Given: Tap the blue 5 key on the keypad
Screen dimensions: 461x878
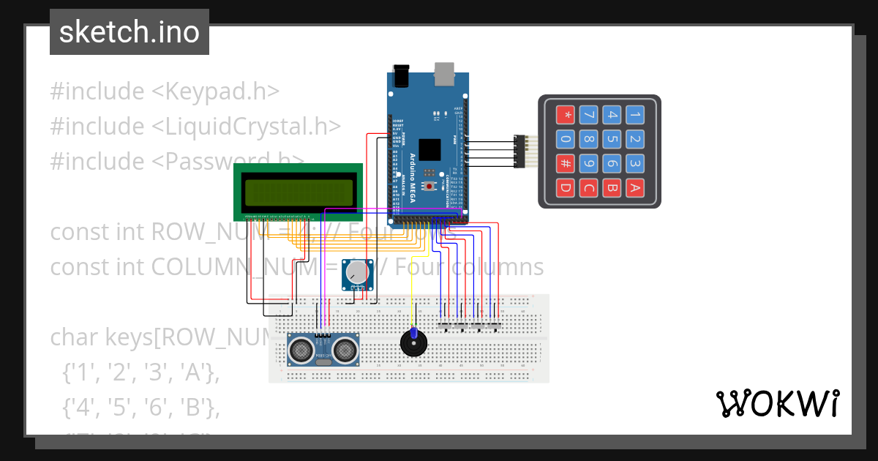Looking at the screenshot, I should [x=612, y=139].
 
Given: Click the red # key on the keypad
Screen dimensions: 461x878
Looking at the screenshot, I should [x=565, y=163].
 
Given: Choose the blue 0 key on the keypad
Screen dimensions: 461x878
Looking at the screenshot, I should [x=565, y=139].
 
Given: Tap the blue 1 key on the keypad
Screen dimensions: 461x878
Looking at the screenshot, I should [x=635, y=115].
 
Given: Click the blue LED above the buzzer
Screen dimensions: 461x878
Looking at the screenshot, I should [x=413, y=334].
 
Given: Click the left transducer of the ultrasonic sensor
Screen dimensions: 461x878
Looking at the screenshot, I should [x=300, y=352].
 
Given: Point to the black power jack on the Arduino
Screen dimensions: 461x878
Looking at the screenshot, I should [x=401, y=75].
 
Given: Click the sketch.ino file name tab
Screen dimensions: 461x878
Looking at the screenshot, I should [x=130, y=32].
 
